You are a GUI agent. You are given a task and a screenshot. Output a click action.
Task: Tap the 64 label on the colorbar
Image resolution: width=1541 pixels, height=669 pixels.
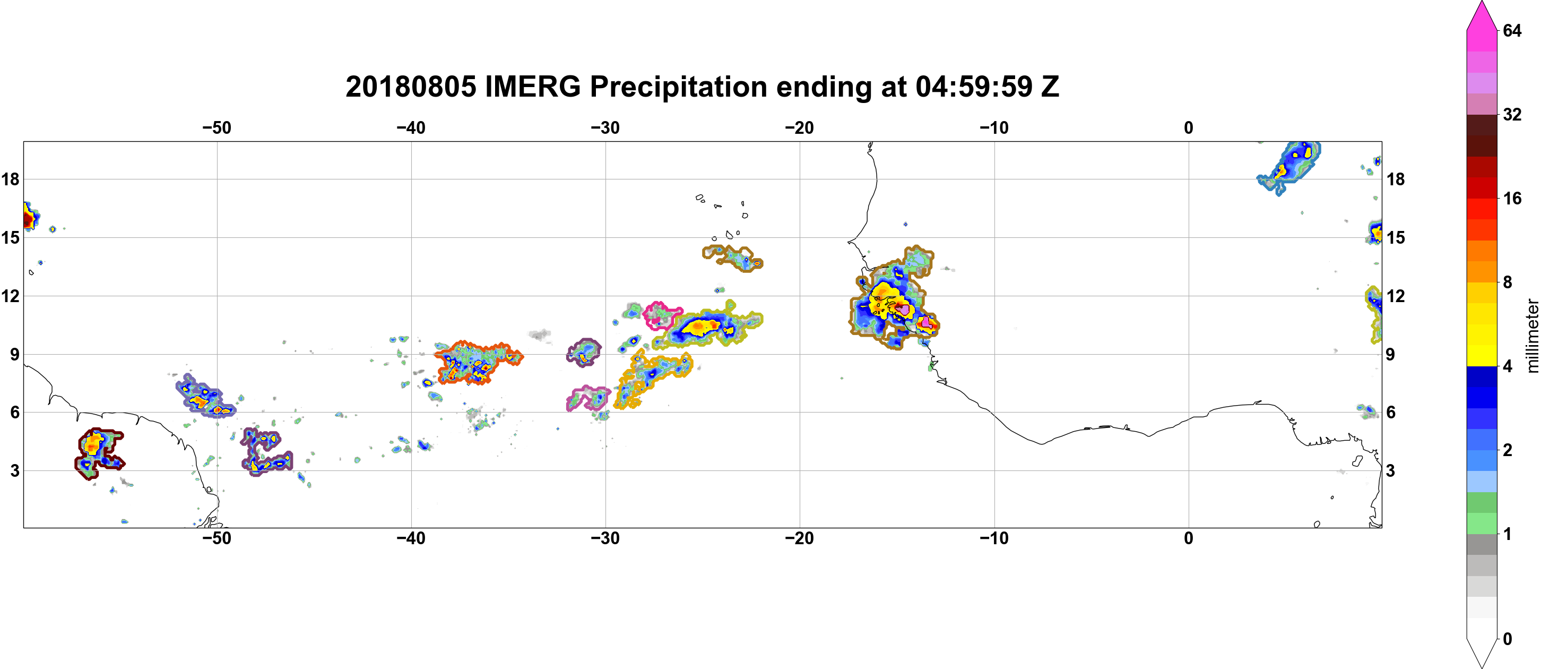point(1512,30)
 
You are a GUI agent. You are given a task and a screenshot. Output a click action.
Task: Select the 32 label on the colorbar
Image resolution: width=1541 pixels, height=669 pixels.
point(1512,114)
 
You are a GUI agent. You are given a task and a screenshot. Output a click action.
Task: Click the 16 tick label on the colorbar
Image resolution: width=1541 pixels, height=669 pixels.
point(1512,198)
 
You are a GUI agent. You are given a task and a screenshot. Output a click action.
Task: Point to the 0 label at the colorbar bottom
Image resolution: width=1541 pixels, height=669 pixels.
point(1508,639)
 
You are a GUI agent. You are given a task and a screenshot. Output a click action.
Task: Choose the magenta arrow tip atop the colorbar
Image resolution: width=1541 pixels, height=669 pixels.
point(1481,4)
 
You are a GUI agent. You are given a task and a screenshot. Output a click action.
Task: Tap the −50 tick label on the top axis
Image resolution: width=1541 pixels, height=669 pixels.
point(217,127)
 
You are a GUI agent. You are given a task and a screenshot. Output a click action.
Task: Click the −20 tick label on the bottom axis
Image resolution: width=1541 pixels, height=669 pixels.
point(800,538)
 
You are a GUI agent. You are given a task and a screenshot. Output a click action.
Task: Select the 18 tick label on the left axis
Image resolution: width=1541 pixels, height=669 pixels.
point(10,179)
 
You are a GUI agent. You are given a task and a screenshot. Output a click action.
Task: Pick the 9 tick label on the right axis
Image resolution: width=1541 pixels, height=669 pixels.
point(1390,354)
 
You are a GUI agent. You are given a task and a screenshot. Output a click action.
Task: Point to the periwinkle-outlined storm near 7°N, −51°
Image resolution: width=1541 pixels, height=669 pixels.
point(205,396)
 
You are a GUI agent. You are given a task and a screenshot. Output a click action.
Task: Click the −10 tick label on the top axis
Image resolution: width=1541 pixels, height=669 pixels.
point(994,127)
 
